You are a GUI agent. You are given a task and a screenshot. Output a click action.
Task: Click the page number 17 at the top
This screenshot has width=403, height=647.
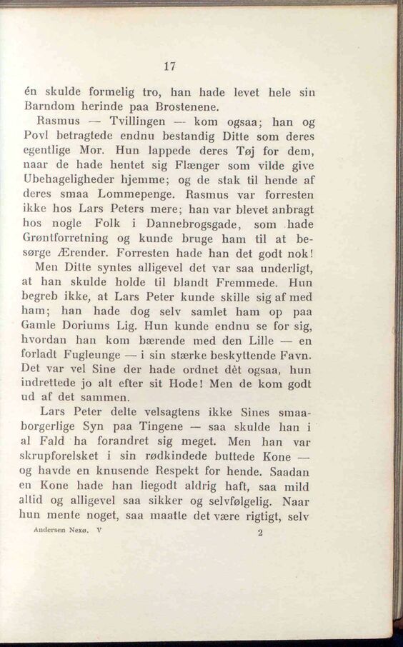pyautogui.click(x=169, y=66)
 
